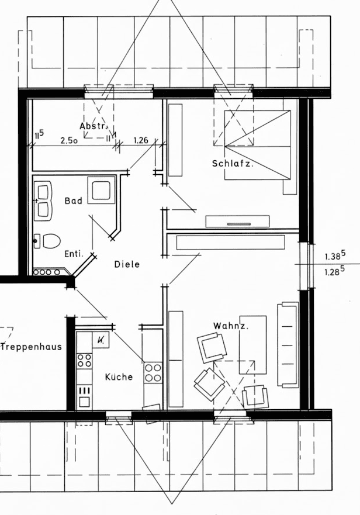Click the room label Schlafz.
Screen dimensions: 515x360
tap(233, 164)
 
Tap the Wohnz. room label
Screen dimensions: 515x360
tap(231, 326)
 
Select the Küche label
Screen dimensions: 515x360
tap(119, 377)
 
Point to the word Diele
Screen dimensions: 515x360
tap(127, 264)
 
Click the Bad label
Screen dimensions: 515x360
tap(74, 201)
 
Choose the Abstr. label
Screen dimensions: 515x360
tap(93, 126)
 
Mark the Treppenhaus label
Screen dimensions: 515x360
tap(31, 347)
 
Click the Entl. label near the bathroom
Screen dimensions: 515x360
tap(74, 254)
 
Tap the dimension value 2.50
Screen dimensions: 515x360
tap(70, 140)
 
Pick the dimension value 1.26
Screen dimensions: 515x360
tap(141, 140)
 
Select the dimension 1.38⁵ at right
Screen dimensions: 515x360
tap(334, 256)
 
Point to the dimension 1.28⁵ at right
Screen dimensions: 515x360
tap(334, 272)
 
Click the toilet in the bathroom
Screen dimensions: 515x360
tap(49, 240)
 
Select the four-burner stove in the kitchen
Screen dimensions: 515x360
tap(153, 372)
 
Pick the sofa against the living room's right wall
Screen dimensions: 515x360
tap(288, 345)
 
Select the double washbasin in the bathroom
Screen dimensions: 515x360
tap(43, 201)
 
